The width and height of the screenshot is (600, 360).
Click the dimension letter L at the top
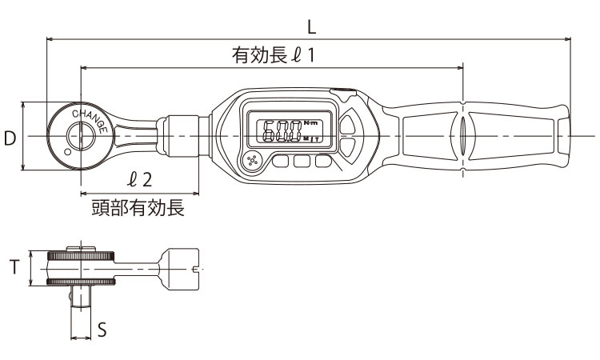pos(312,26)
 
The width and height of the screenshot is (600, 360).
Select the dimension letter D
pos(10,138)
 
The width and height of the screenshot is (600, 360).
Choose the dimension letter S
pos(102,329)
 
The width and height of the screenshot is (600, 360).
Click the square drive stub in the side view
pos(81,302)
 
